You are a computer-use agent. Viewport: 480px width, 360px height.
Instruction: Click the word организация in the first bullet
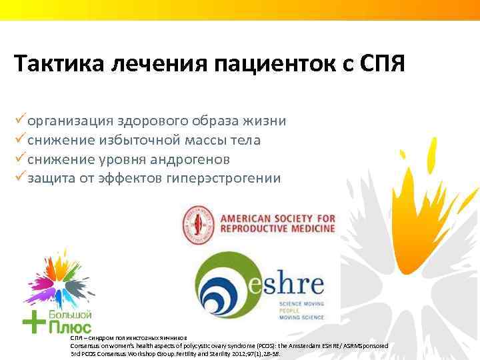pyautogui.click(x=70, y=121)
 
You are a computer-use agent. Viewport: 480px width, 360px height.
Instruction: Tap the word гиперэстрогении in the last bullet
pyautogui.click(x=231, y=178)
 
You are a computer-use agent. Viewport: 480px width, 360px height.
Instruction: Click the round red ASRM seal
pyautogui.click(x=198, y=225)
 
